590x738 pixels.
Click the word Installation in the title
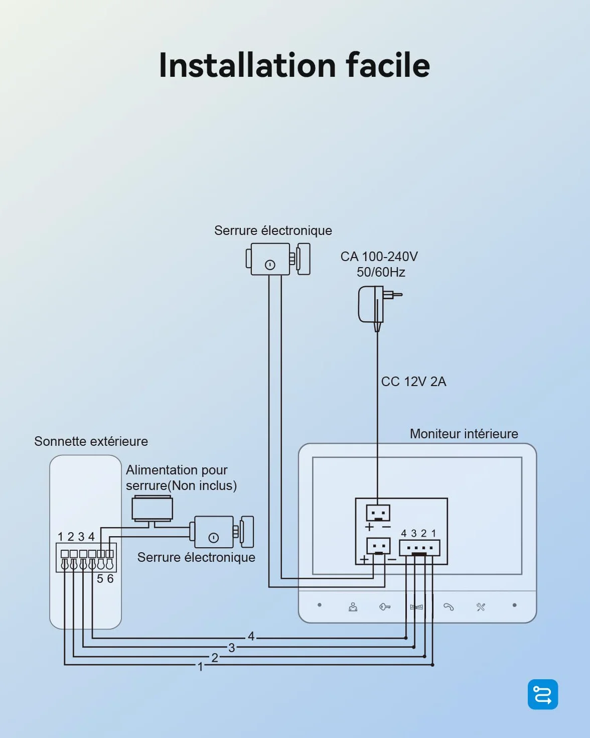tap(247, 65)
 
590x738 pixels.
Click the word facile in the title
tap(388, 65)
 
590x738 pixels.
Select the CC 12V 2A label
tap(413, 382)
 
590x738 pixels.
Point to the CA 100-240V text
tap(379, 257)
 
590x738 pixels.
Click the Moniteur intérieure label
tap(464, 434)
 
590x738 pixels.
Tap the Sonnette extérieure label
tap(91, 441)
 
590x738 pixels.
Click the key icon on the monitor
tap(385, 607)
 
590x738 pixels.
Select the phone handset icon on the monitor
tap(449, 607)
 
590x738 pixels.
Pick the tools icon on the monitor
tap(481, 607)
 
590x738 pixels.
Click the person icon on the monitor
tap(353, 607)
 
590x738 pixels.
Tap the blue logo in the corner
tap(543, 694)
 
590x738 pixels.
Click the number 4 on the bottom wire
tap(251, 637)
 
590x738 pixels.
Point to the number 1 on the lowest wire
tap(201, 667)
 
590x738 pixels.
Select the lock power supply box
tap(152, 509)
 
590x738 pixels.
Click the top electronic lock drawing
tap(278, 259)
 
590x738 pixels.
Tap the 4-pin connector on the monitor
tap(419, 548)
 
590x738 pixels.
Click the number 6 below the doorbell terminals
tap(110, 579)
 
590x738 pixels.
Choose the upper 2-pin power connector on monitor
tap(378, 513)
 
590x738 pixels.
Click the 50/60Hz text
tap(380, 272)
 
